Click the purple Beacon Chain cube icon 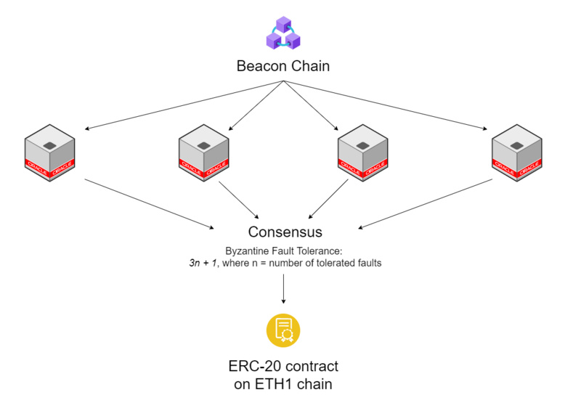[283, 33]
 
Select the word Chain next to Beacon [309, 66]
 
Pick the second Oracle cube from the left [204, 153]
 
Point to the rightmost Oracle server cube [516, 153]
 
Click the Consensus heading [285, 232]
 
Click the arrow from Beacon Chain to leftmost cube [182, 106]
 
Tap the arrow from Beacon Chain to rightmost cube [385, 106]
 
